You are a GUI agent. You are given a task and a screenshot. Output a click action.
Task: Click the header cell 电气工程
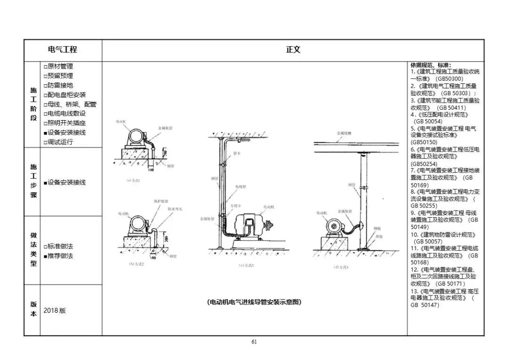pos(63,49)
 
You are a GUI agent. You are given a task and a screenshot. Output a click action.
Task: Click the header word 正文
pos(293,49)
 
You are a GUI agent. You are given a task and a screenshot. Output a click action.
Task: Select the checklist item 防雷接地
pos(60,85)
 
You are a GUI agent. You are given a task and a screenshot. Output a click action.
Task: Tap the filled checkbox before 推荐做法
pos(45,256)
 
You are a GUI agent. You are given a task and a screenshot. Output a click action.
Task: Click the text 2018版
pos(55,311)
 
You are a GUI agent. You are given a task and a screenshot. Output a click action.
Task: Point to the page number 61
pos(254,342)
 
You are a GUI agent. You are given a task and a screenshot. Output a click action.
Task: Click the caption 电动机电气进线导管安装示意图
pos(254,302)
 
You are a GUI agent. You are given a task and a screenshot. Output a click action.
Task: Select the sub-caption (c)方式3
pos(246,265)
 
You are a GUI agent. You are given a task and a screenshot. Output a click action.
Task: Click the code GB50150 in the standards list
pos(424,142)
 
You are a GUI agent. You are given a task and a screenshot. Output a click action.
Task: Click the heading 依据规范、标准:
pos(430,65)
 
